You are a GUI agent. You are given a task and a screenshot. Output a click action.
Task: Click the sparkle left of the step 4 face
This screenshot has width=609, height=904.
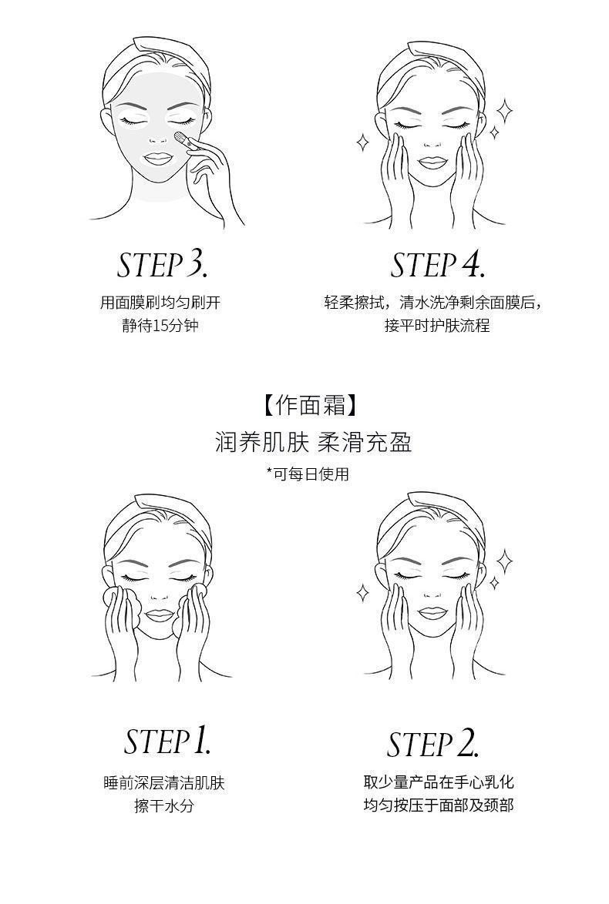click(363, 142)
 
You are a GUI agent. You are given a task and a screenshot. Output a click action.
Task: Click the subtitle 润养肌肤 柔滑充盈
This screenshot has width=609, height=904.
click(314, 443)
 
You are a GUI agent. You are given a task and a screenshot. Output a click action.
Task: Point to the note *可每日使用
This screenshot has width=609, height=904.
click(308, 474)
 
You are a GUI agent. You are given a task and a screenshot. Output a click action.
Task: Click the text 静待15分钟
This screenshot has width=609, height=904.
click(160, 325)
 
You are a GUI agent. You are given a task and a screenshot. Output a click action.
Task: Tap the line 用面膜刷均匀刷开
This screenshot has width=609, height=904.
click(160, 303)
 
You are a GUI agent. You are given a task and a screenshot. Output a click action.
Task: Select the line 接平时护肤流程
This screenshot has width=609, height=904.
click(437, 325)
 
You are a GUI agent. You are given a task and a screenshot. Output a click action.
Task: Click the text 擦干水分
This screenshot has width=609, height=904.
click(164, 805)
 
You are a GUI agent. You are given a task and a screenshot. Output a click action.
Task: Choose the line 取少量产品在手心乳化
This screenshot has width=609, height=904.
click(438, 782)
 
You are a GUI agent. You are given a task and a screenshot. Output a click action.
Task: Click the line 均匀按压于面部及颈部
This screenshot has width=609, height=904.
click(438, 805)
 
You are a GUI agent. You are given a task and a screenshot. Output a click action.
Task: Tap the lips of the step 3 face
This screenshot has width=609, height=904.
click(159, 158)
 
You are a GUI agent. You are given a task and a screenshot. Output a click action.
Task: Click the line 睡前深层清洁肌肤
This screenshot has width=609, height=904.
click(164, 782)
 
